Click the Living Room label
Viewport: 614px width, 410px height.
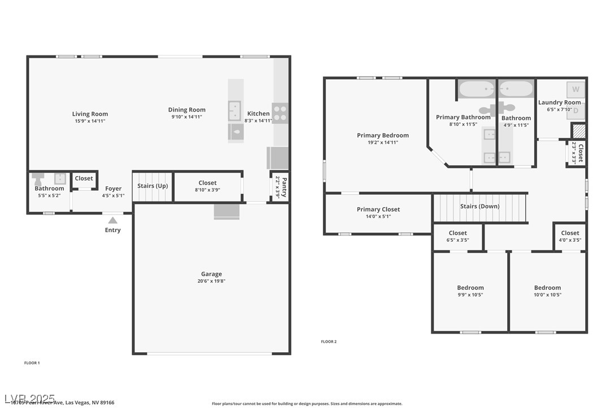(x=90, y=114)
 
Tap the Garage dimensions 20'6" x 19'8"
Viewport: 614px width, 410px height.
(x=211, y=281)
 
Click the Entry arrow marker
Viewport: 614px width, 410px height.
(x=113, y=220)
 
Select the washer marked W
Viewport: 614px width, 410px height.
(x=576, y=89)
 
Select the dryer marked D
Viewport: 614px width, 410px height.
(x=576, y=111)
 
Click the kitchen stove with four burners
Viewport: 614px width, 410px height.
(x=280, y=113)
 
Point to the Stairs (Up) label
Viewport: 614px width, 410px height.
(x=153, y=186)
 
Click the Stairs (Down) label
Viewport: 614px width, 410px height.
(x=479, y=206)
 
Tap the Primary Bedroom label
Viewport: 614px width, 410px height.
(x=383, y=135)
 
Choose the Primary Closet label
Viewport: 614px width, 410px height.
(x=378, y=210)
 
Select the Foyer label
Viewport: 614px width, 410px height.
(x=113, y=189)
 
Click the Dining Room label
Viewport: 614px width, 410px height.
(x=187, y=110)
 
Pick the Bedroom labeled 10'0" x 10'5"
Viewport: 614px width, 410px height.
(x=547, y=288)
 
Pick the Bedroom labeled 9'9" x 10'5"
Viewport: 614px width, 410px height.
(x=470, y=288)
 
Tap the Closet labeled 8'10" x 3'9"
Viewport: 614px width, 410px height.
(x=207, y=183)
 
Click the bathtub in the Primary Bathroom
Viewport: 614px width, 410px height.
(x=476, y=89)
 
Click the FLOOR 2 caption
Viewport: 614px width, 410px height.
(x=328, y=341)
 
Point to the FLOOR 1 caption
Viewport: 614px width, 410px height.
(x=32, y=362)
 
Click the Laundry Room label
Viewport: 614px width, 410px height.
(x=559, y=103)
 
